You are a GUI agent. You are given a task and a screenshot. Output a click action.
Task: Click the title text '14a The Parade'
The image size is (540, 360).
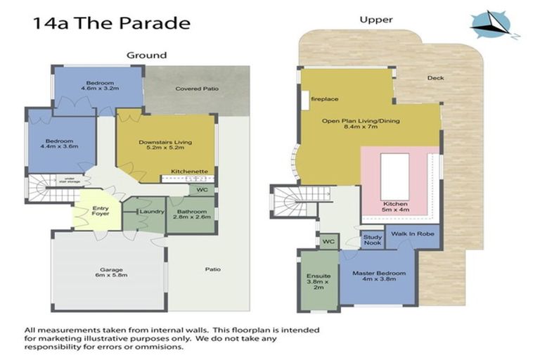tap(111, 22)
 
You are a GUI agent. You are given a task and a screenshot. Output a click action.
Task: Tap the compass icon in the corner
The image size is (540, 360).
tap(494, 25)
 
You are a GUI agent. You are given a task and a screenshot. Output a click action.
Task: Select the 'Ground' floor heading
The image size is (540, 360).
tap(146, 55)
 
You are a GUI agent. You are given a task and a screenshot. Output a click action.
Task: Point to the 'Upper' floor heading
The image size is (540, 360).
tap(376, 20)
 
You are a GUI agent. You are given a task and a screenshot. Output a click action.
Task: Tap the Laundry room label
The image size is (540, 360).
tap(152, 211)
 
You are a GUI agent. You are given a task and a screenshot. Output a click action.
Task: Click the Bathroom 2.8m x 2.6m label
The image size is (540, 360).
tap(191, 214)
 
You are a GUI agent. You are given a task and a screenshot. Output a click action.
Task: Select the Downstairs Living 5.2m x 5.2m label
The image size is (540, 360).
tap(165, 146)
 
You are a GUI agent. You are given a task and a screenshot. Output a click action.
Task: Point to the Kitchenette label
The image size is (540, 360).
tap(188, 172)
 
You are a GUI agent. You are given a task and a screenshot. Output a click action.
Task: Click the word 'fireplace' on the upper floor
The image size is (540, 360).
tap(325, 99)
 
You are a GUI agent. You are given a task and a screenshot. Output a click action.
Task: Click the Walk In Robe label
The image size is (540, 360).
tap(411, 233)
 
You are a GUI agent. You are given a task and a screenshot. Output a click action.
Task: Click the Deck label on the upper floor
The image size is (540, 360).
tap(435, 78)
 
